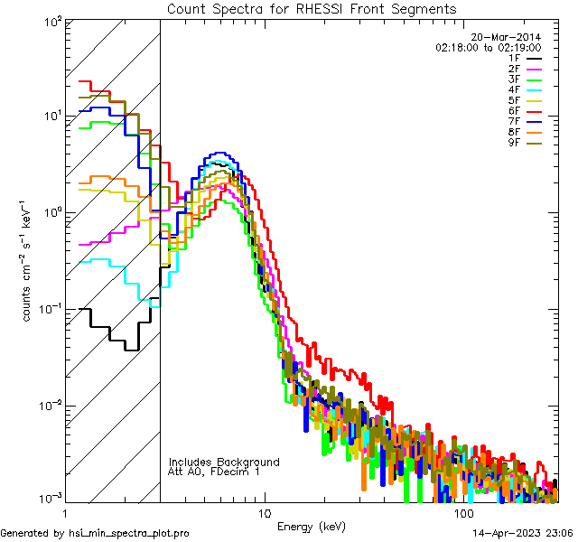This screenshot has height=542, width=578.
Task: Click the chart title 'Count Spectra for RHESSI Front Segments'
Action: (x=312, y=8)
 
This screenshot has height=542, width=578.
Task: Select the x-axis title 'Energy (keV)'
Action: (x=311, y=526)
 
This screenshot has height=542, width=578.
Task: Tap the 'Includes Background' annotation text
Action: (x=224, y=462)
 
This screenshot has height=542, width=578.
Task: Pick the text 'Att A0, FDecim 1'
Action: (x=214, y=472)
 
